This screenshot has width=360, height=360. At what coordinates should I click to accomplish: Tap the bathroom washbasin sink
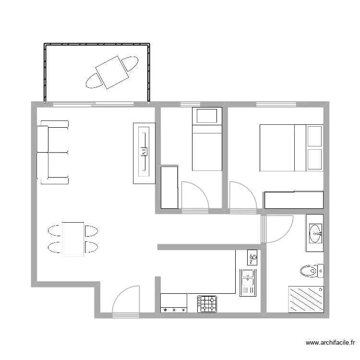click(x=315, y=233)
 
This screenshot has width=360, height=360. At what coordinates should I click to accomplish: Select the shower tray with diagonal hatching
click(x=305, y=300)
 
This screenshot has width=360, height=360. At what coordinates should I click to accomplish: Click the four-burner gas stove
click(x=207, y=304)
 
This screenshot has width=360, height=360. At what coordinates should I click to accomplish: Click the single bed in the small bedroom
click(x=207, y=139)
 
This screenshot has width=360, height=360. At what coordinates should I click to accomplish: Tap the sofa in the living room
click(x=53, y=152)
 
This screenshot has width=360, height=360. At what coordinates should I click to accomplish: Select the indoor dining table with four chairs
click(x=73, y=239)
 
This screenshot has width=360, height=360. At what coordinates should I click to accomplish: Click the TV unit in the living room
click(x=144, y=153)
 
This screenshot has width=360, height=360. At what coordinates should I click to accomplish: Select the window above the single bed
click(x=190, y=104)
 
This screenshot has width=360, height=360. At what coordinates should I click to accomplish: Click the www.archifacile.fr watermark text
click(x=331, y=343)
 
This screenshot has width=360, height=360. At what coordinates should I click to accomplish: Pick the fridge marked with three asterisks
click(x=174, y=303)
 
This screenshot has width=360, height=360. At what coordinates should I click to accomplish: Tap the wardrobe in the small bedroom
click(x=169, y=187)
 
